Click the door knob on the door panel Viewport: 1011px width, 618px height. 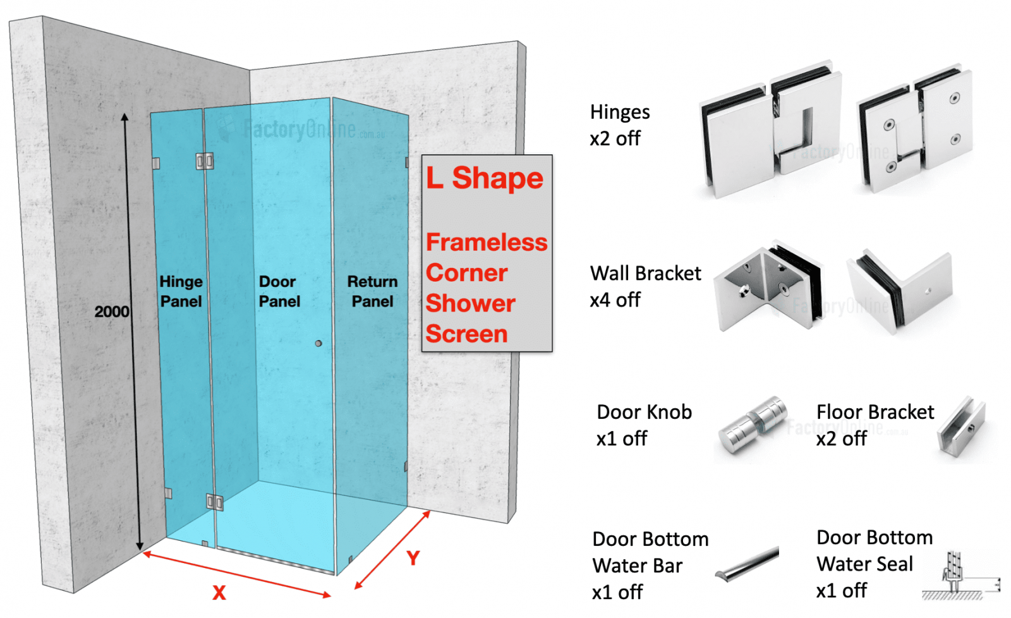click(318, 343)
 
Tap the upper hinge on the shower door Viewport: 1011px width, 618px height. click(204, 161)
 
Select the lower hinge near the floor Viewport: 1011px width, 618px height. click(214, 502)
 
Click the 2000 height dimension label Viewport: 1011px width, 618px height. click(112, 312)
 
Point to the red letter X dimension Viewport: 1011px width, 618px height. click(219, 593)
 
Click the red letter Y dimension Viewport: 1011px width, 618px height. click(413, 557)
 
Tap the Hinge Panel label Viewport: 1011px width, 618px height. click(181, 291)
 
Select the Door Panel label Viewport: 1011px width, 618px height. click(279, 291)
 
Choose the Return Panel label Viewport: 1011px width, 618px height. click(372, 291)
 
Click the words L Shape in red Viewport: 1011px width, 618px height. click(484, 178)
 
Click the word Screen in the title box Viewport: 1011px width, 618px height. click(466, 334)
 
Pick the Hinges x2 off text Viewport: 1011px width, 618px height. click(619, 125)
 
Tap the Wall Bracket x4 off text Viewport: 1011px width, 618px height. click(645, 286)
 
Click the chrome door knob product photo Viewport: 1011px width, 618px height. click(753, 425)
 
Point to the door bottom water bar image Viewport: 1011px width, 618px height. click(748, 564)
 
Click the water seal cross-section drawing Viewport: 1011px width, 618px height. click(957, 575)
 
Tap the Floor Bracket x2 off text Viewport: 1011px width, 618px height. click(874, 425)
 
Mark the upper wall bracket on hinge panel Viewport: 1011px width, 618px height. click(155, 164)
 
